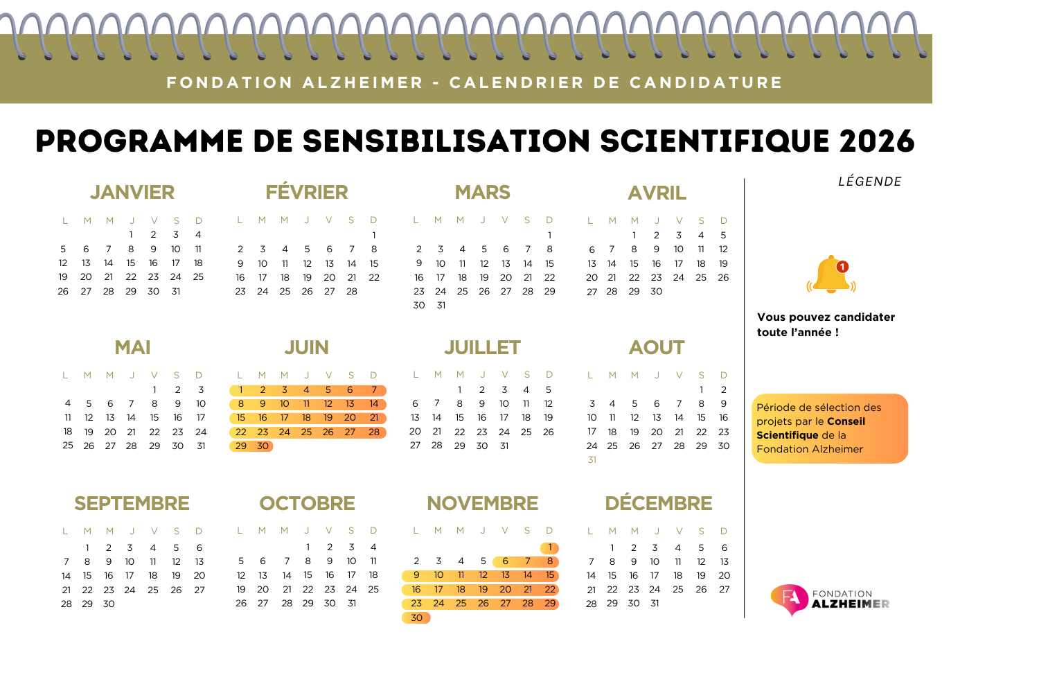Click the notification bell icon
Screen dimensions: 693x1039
click(831, 275)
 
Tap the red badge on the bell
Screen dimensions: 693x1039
click(842, 267)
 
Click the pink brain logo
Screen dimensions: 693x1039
click(790, 599)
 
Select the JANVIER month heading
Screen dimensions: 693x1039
click(132, 192)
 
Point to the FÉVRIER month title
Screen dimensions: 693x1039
click(307, 192)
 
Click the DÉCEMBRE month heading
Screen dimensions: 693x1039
click(658, 503)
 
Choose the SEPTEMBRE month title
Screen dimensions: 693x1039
click(132, 503)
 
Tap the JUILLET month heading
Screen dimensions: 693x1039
click(482, 347)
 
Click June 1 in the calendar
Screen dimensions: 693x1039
click(241, 390)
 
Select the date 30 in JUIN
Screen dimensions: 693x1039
click(263, 446)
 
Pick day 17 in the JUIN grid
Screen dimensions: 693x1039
click(285, 418)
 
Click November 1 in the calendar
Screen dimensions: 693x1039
click(550, 547)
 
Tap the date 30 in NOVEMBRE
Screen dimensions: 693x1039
click(416, 617)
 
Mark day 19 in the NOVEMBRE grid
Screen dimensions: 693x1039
click(483, 590)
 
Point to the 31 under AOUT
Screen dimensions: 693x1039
click(592, 460)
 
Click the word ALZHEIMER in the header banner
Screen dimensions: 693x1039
click(363, 83)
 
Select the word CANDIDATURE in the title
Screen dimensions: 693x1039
click(706, 83)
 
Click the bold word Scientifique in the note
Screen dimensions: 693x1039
click(787, 435)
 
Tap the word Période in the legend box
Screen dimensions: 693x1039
click(776, 407)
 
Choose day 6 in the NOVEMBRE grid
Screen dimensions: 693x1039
click(506, 561)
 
